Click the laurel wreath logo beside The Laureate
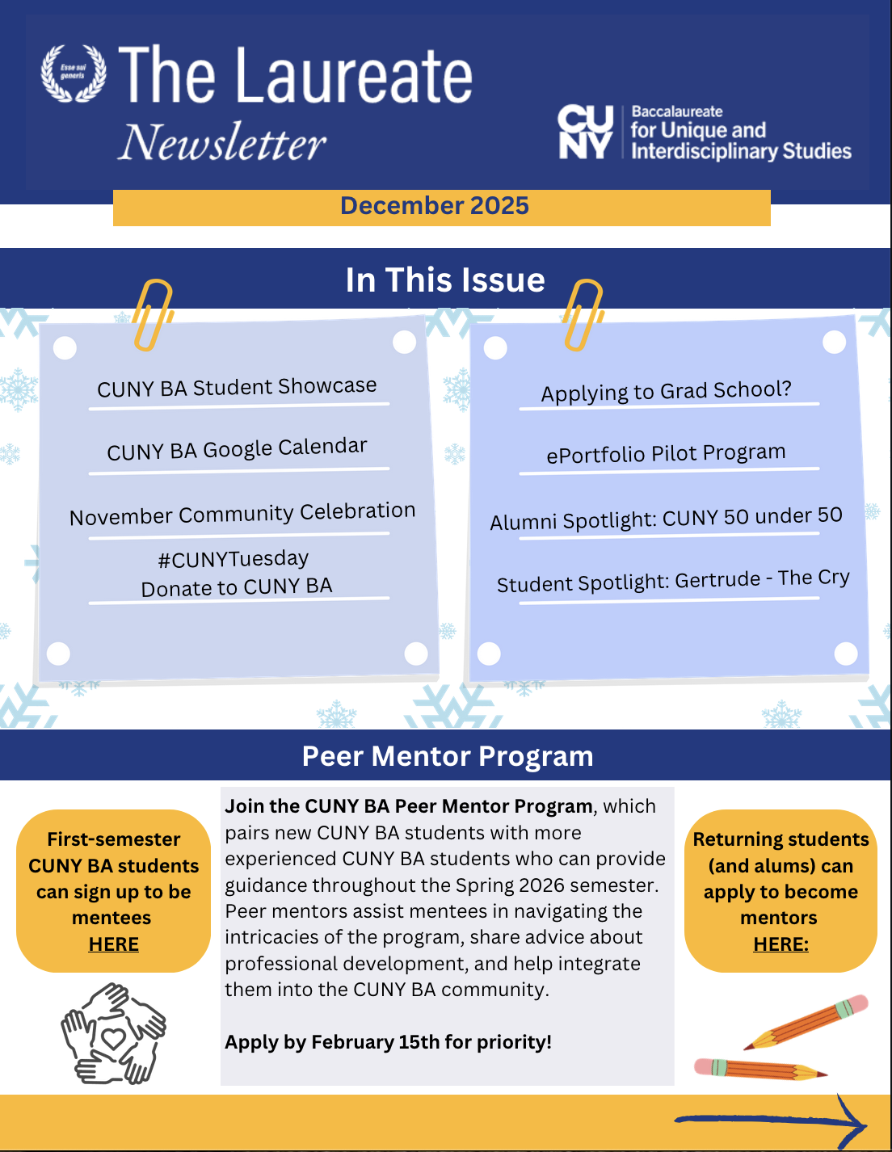[x=74, y=74]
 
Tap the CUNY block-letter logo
[x=586, y=132]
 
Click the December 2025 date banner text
[x=435, y=206]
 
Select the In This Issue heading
[x=445, y=280]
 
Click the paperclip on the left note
[x=153, y=314]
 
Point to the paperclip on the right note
[x=583, y=314]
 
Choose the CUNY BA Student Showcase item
[x=237, y=388]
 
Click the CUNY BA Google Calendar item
[x=237, y=449]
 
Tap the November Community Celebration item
[x=242, y=514]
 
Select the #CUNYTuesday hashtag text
[x=234, y=559]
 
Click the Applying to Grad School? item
[x=666, y=391]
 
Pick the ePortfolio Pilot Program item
[x=666, y=453]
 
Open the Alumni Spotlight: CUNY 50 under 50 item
[x=666, y=518]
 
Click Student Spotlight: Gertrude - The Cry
[x=673, y=581]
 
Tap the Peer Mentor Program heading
[x=447, y=756]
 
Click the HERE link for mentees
[x=114, y=944]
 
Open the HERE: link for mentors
[x=780, y=944]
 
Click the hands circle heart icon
[x=113, y=1033]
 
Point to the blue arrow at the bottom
[x=772, y=1120]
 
